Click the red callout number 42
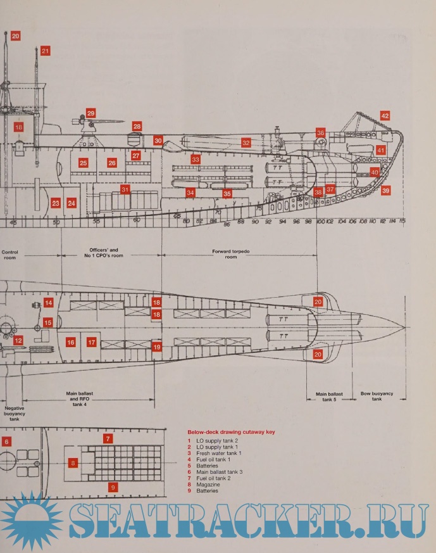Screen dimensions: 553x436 click(385, 116)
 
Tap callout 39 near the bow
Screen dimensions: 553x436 click(385, 190)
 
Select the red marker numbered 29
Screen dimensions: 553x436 click(90, 113)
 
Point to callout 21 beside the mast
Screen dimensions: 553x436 click(45, 51)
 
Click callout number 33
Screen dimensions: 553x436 click(196, 160)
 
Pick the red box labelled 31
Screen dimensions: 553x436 click(125, 189)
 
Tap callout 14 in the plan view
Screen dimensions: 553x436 click(48, 303)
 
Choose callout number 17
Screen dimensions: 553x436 click(92, 342)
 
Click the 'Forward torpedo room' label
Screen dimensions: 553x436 click(231, 254)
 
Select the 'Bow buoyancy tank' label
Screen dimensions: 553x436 click(377, 396)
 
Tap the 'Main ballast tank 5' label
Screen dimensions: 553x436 click(329, 397)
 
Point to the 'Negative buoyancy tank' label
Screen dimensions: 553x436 click(14, 414)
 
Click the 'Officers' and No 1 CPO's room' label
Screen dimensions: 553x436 click(104, 253)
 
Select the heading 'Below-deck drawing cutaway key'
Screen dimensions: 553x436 click(231, 432)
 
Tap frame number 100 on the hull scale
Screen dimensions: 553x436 click(320, 221)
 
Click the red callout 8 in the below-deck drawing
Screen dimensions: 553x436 click(73, 463)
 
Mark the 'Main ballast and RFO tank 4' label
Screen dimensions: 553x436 click(80, 399)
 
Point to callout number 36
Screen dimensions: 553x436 click(321, 133)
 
